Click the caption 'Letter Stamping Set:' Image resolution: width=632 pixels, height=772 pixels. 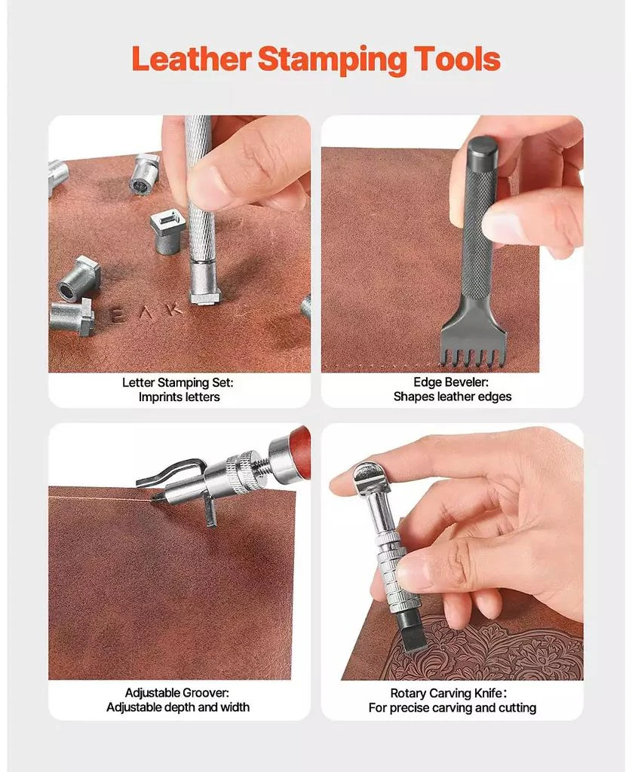click(x=178, y=383)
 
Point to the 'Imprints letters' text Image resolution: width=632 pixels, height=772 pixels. click(x=179, y=397)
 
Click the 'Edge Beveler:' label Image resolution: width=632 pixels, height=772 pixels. click(x=452, y=383)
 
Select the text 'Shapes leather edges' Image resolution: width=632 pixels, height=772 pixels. click(x=452, y=397)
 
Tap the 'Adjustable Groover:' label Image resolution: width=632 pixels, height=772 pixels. click(x=177, y=693)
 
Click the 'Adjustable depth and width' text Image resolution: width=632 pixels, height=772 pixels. click(x=178, y=708)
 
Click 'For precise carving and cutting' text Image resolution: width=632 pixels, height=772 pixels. click(x=452, y=708)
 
